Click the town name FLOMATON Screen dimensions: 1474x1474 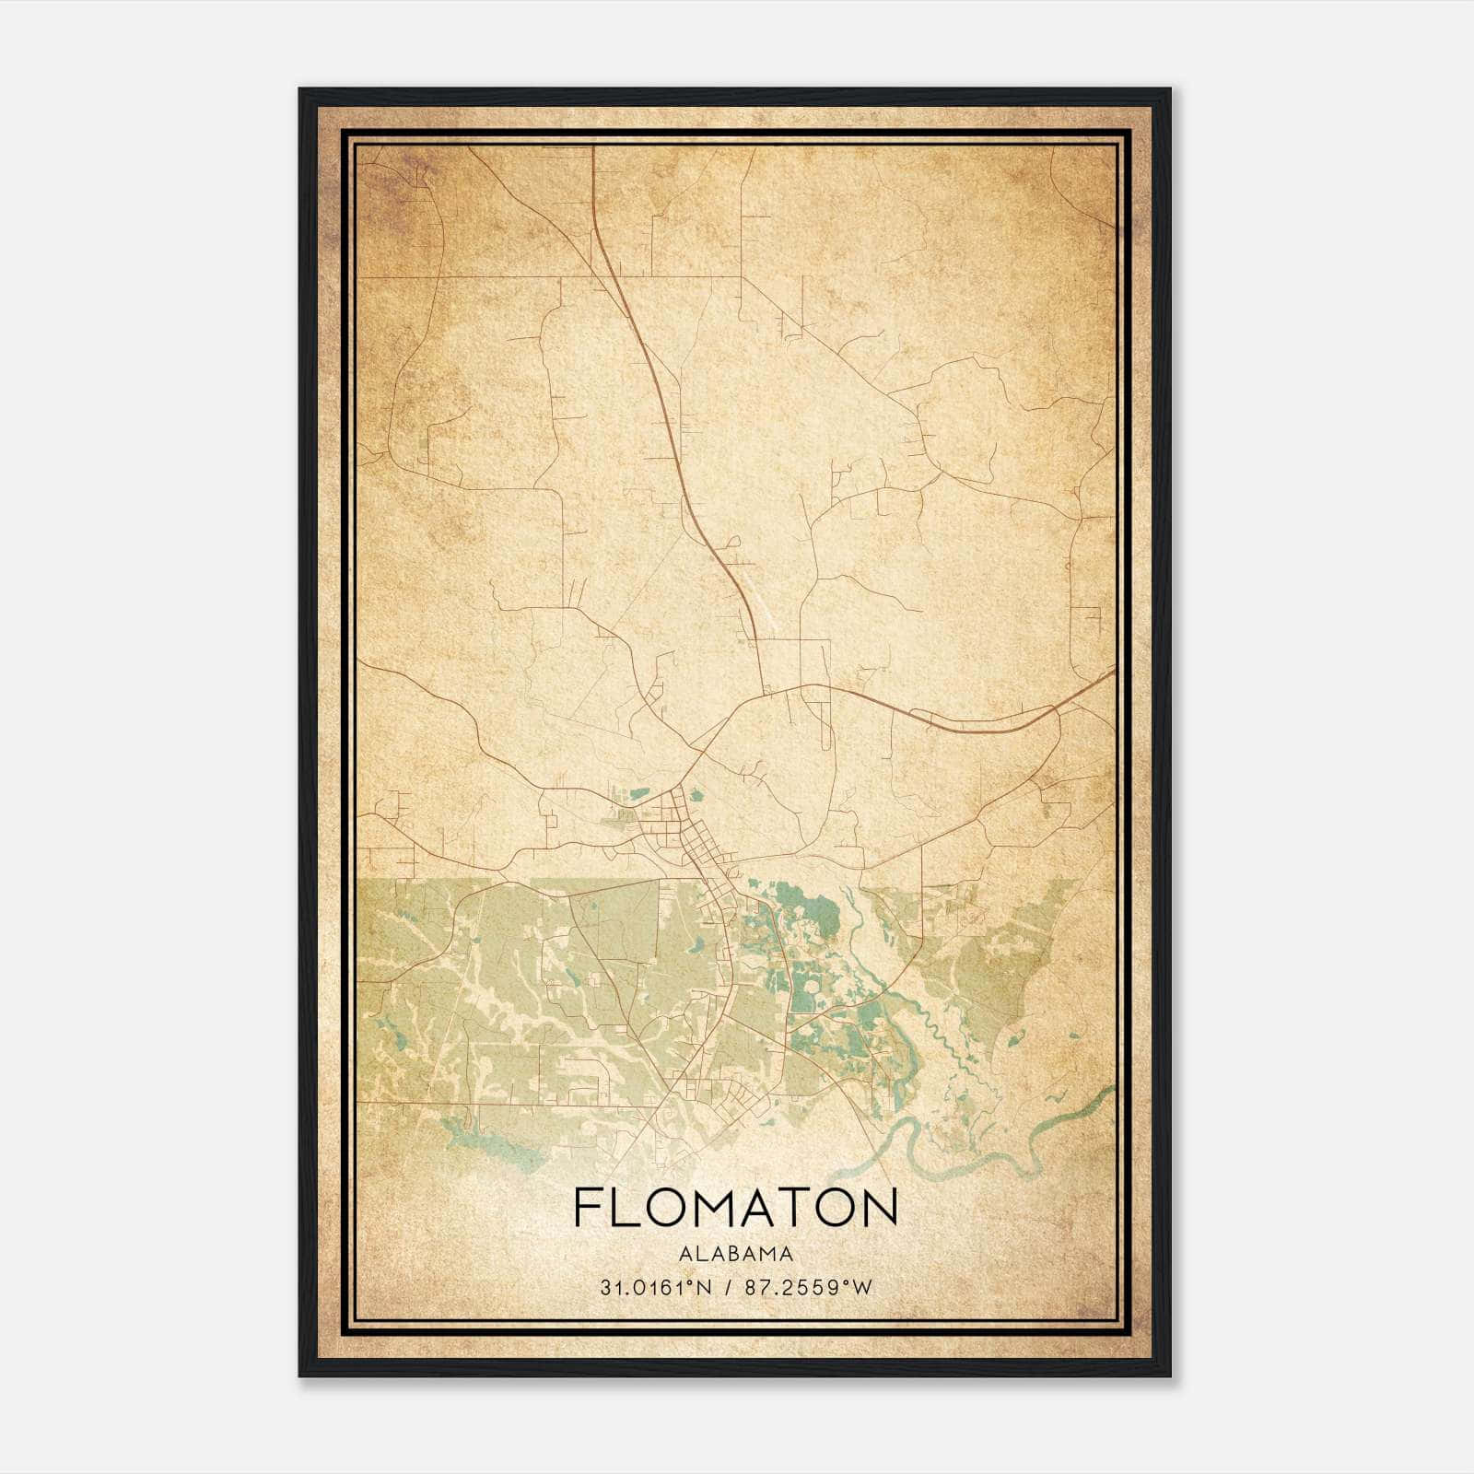(735, 1208)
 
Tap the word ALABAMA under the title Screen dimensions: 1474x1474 (735, 1254)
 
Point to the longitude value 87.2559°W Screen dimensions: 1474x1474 (808, 1288)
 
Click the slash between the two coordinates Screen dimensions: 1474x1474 (729, 1288)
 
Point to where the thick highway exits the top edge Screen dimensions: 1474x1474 (593, 147)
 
